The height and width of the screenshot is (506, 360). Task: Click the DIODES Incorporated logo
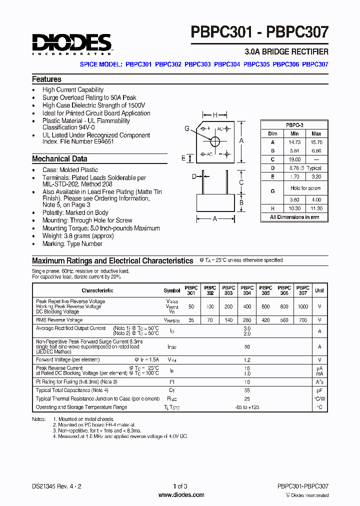coord(71,44)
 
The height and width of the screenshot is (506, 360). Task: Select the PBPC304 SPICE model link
coord(227,64)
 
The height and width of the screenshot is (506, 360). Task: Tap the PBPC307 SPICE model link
coord(315,64)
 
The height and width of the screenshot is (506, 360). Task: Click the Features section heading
coord(46,79)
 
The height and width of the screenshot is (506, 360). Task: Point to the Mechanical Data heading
coord(59,159)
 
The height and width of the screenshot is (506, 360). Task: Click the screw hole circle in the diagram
coord(215,141)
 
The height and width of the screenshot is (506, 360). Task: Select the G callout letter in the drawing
coord(187,128)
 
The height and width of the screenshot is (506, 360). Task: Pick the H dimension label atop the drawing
coord(215,115)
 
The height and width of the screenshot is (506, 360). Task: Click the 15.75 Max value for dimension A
coord(316,142)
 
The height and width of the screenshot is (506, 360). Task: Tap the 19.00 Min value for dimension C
coord(294,159)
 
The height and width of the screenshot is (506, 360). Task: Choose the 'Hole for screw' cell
coord(305,188)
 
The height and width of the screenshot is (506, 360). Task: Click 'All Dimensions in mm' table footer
coord(294,217)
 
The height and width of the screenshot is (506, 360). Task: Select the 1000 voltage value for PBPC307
coord(302,306)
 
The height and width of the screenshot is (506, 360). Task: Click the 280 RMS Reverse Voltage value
coord(246,320)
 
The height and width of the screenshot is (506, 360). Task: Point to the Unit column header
coord(319,290)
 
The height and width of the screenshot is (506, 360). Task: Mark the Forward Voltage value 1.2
coord(246,359)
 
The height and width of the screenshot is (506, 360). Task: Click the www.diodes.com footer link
coord(181,495)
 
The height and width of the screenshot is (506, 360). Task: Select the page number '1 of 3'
coord(180,486)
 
